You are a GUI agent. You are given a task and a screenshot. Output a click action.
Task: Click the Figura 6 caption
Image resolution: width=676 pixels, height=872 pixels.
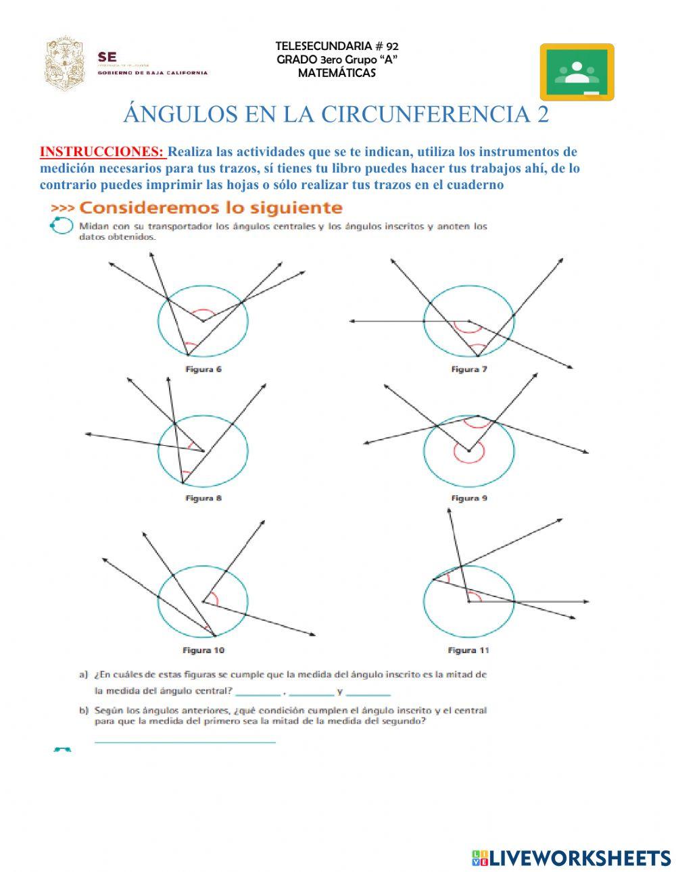pyautogui.click(x=203, y=369)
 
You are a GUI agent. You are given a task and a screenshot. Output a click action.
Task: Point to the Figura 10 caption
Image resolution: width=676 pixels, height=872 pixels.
pyautogui.click(x=203, y=650)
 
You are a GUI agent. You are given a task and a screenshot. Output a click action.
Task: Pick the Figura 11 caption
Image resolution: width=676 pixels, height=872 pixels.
pyautogui.click(x=468, y=650)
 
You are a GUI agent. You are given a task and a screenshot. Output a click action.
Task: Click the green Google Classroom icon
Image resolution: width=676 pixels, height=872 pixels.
pyautogui.click(x=577, y=72)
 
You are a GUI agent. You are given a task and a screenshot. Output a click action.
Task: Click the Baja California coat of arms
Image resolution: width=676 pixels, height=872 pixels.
pyautogui.click(x=66, y=64)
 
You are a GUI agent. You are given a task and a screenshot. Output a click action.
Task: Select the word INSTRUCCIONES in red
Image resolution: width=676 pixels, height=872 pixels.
pyautogui.click(x=102, y=152)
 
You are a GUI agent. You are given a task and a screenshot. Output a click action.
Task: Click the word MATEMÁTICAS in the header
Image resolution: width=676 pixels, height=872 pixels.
pyautogui.click(x=337, y=73)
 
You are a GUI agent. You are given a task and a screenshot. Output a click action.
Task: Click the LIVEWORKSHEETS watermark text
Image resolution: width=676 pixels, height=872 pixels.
pyautogui.click(x=580, y=858)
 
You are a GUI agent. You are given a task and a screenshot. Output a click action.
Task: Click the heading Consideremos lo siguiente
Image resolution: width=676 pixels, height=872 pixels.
pyautogui.click(x=211, y=207)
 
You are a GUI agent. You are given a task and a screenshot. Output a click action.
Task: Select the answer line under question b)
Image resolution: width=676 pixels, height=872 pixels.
pyautogui.click(x=185, y=742)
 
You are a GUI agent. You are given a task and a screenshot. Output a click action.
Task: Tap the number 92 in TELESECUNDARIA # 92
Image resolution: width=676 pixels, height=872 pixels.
pyautogui.click(x=391, y=46)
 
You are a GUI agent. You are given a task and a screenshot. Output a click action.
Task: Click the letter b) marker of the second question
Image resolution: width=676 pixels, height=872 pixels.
pyautogui.click(x=84, y=711)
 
